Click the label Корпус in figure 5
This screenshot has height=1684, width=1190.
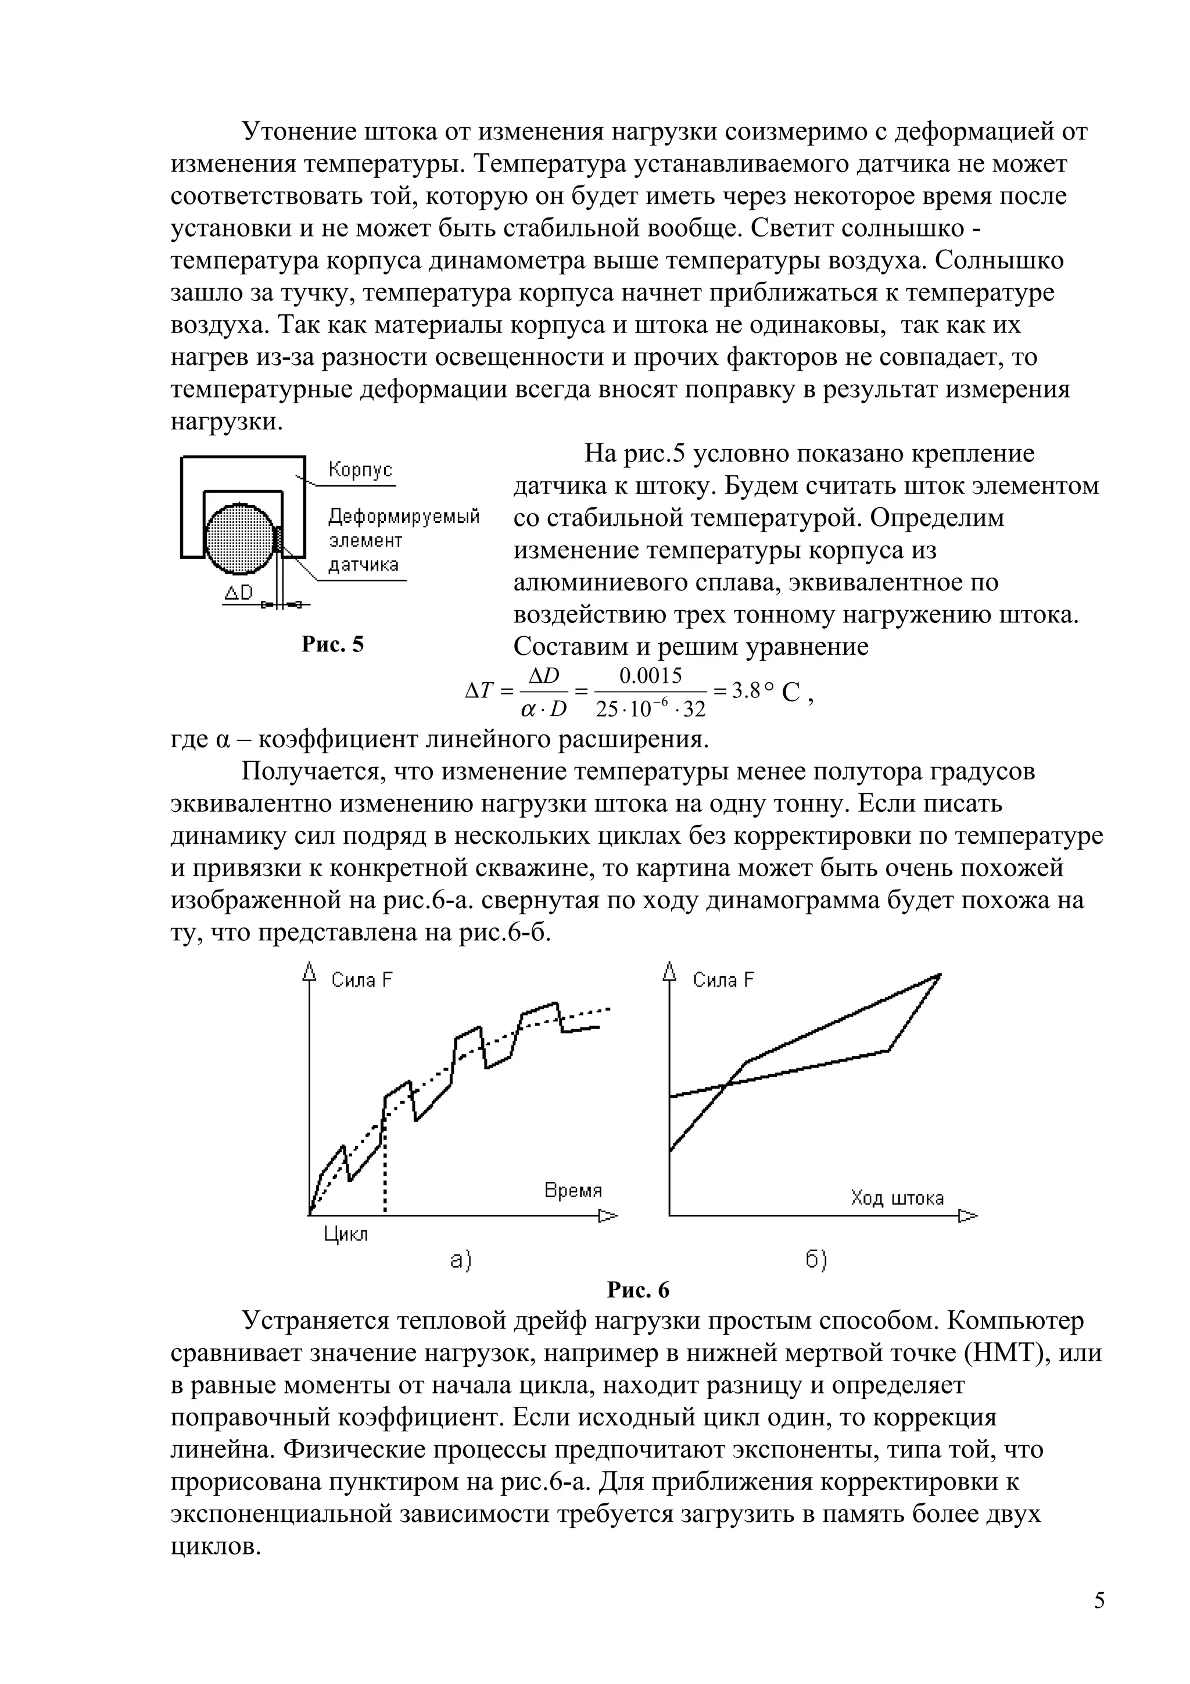tap(360, 470)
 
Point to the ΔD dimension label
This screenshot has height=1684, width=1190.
tap(238, 593)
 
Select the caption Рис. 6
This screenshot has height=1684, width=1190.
tap(638, 1289)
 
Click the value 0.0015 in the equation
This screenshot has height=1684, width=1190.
tap(650, 675)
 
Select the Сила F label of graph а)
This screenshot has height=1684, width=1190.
tap(361, 980)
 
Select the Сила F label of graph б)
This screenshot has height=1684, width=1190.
tap(723, 980)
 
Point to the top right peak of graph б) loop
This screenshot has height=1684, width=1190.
tap(939, 974)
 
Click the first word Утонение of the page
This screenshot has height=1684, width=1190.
tap(300, 132)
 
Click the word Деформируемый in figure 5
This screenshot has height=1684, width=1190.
tap(403, 517)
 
